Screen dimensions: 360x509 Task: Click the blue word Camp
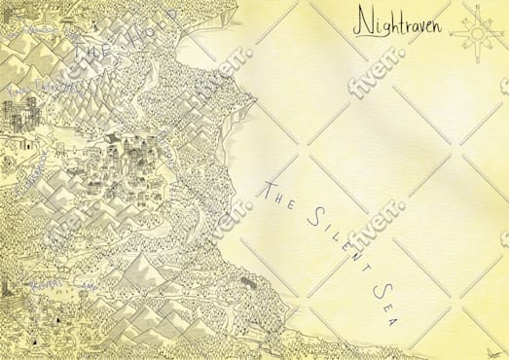pyautogui.click(x=91, y=287)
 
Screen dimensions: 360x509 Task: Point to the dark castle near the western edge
pyautogui.click(x=16, y=117)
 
